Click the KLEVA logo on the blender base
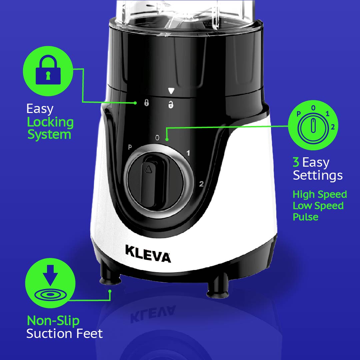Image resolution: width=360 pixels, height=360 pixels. click(148, 254)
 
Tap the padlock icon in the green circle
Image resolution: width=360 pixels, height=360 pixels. click(48, 70)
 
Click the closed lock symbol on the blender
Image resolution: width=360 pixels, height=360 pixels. click(146, 103)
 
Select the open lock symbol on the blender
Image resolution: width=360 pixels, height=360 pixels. click(171, 104)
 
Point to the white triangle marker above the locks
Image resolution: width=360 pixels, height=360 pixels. click(171, 91)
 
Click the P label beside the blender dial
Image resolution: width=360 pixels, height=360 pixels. click(130, 147)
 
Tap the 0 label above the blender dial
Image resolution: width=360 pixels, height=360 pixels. click(157, 138)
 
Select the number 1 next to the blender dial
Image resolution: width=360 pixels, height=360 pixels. click(188, 153)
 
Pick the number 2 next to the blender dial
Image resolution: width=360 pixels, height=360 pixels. click(201, 184)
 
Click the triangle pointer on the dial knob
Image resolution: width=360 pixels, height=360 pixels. click(148, 169)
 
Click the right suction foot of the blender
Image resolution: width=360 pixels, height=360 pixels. click(218, 286)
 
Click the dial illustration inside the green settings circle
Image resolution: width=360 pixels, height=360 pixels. click(313, 127)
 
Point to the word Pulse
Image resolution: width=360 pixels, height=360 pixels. click(306, 217)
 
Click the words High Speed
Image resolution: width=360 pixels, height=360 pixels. click(320, 194)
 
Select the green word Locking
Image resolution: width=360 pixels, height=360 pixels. click(50, 122)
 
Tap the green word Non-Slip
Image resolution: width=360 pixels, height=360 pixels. click(53, 321)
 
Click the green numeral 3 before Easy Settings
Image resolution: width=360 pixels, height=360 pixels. click(296, 162)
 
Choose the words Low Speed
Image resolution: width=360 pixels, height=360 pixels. click(318, 205)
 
